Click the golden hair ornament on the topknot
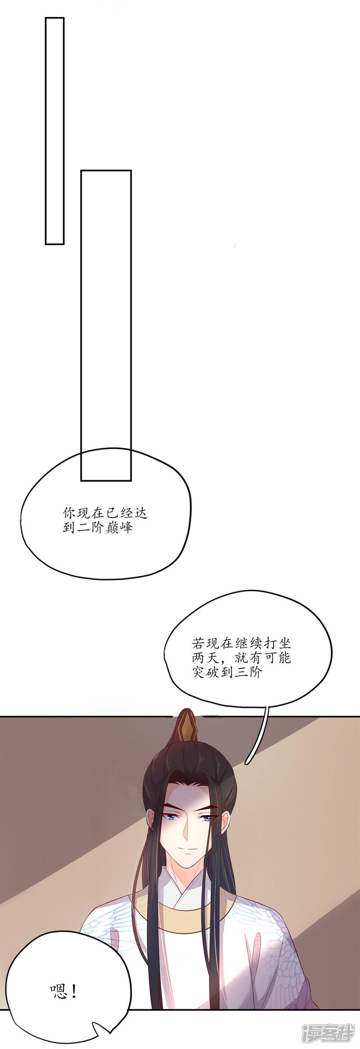pyautogui.click(x=186, y=728)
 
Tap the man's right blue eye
pyautogui.click(x=207, y=818)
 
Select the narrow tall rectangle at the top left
pyautogui.click(x=54, y=131)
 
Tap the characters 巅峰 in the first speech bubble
pyautogui.click(x=119, y=527)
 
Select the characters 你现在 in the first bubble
pyautogui.click(x=84, y=513)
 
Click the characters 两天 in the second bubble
pyautogui.click(x=205, y=658)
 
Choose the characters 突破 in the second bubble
pyautogui.click(x=205, y=673)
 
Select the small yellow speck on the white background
pyautogui.click(x=235, y=245)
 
